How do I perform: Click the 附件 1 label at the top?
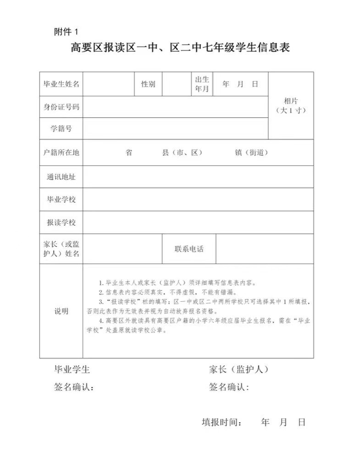click(x=66, y=32)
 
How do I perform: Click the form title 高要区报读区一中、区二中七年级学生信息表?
click(x=180, y=48)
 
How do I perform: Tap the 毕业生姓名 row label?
click(x=61, y=84)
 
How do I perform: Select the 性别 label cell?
click(x=148, y=84)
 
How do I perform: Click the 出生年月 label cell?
click(x=202, y=84)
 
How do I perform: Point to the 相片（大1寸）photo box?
click(x=291, y=106)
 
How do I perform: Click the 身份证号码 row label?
click(x=61, y=107)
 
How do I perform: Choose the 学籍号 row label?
click(x=61, y=128)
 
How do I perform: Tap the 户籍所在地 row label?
click(x=61, y=152)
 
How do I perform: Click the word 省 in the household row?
click(x=129, y=153)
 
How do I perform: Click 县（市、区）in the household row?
click(x=182, y=153)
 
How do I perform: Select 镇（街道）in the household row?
click(x=251, y=153)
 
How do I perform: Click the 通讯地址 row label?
click(x=61, y=177)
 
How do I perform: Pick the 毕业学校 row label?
click(x=61, y=199)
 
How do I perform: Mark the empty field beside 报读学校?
click(x=198, y=222)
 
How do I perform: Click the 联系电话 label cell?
click(x=189, y=249)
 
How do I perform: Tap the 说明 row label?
click(x=61, y=311)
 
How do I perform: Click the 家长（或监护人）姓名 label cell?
click(x=61, y=249)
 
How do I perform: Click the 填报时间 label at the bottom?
click(x=222, y=422)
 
